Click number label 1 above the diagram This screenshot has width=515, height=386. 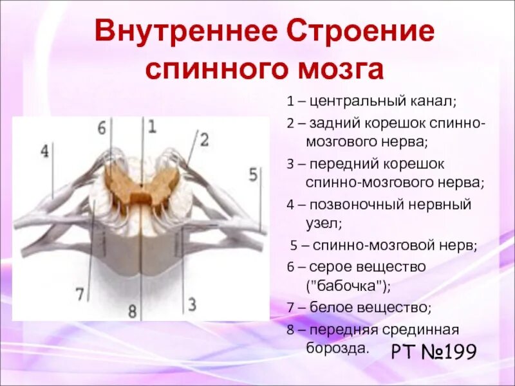point(152,126)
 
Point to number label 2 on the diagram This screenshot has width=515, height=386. point(204,139)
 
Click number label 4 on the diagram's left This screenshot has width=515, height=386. point(44,152)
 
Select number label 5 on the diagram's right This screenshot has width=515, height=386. point(253,174)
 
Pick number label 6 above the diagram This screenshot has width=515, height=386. point(102,127)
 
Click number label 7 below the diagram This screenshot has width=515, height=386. point(80,295)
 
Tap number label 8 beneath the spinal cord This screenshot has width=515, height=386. point(133,312)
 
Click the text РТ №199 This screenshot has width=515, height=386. point(433,353)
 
